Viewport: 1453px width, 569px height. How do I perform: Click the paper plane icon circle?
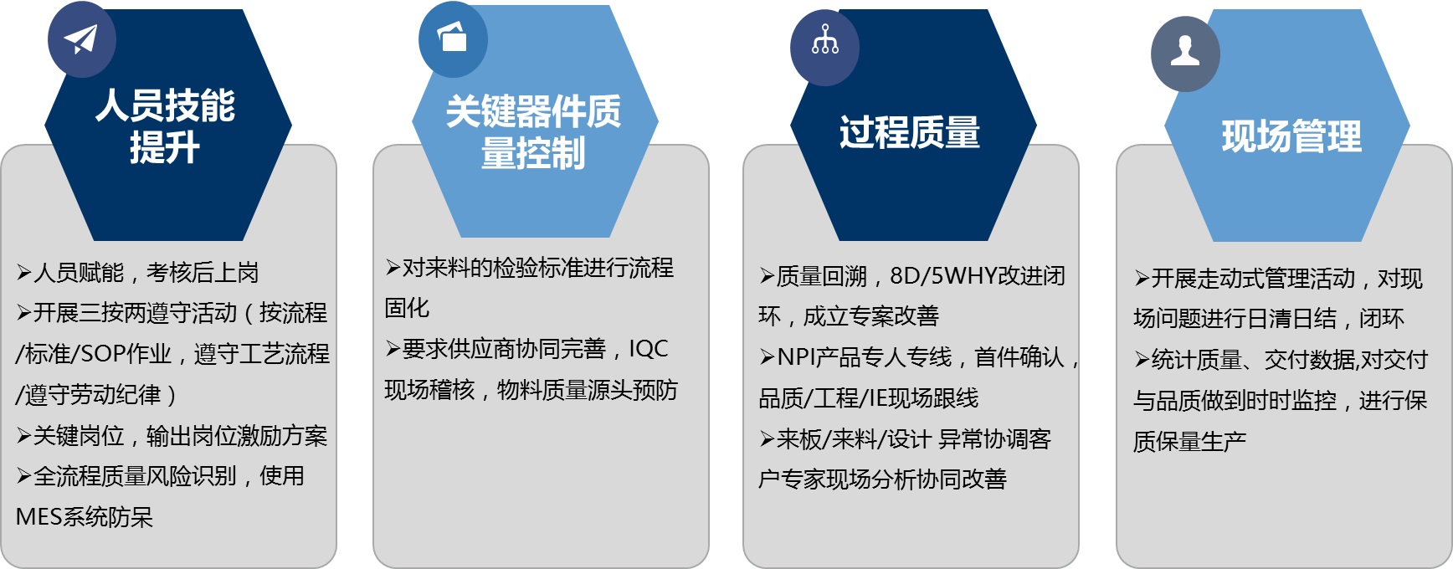[81, 40]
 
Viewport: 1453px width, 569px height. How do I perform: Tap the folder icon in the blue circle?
[453, 37]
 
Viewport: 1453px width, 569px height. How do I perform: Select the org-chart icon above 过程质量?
[825, 40]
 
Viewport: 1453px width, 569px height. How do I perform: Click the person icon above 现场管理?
[1185, 52]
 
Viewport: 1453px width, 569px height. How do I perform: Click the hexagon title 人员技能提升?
[165, 126]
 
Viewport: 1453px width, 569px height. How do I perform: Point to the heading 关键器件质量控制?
[533, 132]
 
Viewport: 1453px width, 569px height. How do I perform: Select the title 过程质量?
[910, 132]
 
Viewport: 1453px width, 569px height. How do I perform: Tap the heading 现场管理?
[1291, 136]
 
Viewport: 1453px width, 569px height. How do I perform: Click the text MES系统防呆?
[85, 517]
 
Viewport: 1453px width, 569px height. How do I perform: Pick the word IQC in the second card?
[649, 349]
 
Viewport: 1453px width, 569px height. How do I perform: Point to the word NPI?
[796, 357]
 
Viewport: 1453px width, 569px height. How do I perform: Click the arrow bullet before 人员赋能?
[24, 273]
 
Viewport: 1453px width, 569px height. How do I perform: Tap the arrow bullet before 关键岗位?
[24, 436]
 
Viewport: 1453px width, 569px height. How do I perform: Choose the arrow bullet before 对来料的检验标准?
[393, 268]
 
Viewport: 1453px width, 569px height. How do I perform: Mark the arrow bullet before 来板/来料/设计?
[767, 439]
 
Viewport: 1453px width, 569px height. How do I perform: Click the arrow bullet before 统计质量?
[1142, 360]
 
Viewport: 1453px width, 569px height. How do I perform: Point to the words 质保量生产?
[1189, 441]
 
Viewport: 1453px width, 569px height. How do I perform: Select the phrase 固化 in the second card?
[407, 308]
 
